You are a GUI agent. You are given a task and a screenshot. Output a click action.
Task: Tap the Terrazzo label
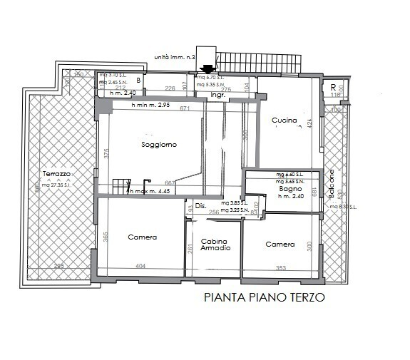tap(56, 174)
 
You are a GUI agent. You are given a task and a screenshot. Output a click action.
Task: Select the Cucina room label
tap(284, 120)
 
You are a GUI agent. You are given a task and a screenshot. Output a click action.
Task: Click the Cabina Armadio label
tap(215, 245)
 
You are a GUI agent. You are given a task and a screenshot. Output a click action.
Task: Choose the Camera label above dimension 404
tap(142, 237)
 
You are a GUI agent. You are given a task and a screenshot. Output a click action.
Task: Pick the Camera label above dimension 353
tap(280, 245)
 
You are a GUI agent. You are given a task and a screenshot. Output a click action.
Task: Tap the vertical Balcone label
tap(333, 183)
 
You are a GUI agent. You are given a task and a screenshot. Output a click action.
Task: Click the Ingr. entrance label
tap(217, 94)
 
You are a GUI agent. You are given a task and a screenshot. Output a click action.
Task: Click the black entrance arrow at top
tap(207, 69)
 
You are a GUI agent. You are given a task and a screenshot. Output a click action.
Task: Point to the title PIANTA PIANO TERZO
tap(264, 299)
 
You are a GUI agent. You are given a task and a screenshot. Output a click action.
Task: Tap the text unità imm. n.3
tap(174, 56)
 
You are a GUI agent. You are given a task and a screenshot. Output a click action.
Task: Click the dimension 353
tap(281, 269)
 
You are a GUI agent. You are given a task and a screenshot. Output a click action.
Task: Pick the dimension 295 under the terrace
tap(59, 266)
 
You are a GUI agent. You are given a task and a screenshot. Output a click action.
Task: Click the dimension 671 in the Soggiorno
tap(186, 108)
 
